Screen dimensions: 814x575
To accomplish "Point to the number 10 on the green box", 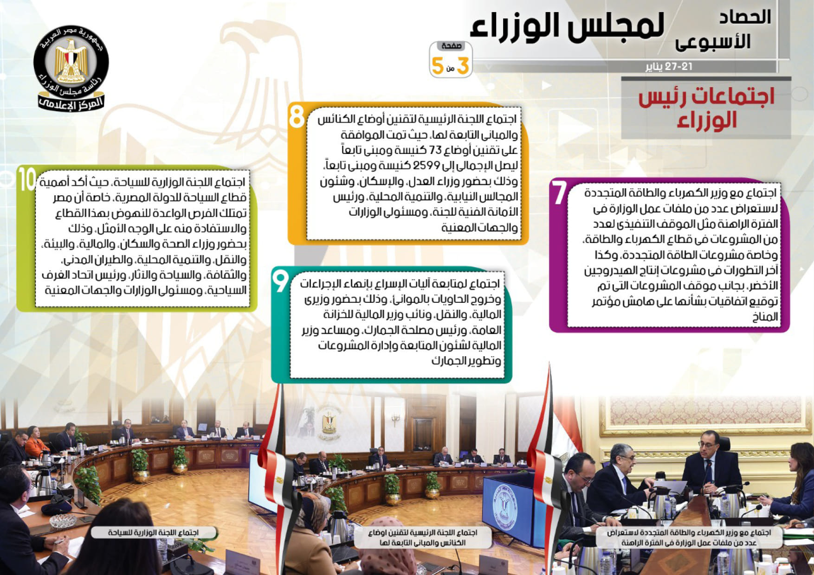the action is coord(27,179).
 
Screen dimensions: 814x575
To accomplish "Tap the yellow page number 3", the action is coord(462,66).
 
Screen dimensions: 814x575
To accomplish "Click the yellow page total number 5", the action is coord(437,66).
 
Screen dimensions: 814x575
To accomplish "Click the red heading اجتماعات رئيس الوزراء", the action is coord(706,108).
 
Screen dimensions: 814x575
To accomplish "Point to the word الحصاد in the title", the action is coord(745,17).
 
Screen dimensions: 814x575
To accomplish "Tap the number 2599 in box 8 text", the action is coord(425,166).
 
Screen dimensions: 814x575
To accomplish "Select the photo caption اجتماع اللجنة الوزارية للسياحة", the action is coord(153,532).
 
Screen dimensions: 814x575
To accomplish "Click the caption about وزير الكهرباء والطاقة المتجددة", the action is coord(689,537).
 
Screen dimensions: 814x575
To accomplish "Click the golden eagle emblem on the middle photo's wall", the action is coord(329,422).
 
